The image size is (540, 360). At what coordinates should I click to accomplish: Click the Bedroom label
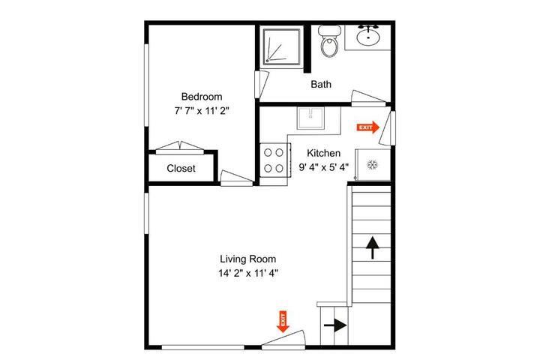click(x=202, y=97)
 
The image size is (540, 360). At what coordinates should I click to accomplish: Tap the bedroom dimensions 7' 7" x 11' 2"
click(x=202, y=111)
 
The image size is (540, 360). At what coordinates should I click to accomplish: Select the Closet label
click(x=181, y=169)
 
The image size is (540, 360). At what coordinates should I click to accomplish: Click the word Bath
click(x=321, y=85)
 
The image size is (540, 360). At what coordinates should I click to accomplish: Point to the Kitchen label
click(x=323, y=153)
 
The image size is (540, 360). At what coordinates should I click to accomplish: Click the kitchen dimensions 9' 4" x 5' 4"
click(x=323, y=167)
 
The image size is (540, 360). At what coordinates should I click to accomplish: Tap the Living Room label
click(x=248, y=259)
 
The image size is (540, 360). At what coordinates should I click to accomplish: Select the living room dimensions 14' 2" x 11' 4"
click(x=248, y=273)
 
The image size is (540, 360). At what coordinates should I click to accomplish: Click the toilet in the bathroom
click(x=329, y=41)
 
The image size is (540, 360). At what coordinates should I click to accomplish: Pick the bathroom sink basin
click(x=368, y=37)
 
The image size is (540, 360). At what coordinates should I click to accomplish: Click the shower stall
click(x=282, y=46)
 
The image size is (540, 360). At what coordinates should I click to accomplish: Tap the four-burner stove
click(x=274, y=160)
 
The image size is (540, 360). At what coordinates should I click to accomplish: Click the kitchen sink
click(x=310, y=118)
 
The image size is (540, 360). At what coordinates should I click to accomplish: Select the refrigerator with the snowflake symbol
click(x=373, y=165)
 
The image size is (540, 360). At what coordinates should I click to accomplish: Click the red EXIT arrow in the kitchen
click(x=367, y=127)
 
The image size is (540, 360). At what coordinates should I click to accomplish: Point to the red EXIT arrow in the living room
click(x=283, y=322)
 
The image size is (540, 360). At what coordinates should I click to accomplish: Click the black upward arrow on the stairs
click(x=372, y=247)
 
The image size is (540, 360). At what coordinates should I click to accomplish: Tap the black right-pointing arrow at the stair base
click(x=335, y=325)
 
